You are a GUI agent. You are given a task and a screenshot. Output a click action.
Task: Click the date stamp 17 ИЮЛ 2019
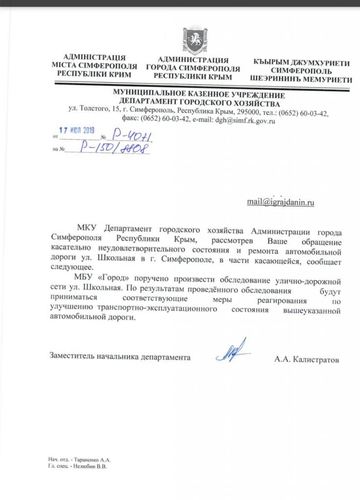click(76, 131)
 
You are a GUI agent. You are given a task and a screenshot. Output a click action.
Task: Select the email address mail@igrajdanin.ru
click(281, 203)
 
